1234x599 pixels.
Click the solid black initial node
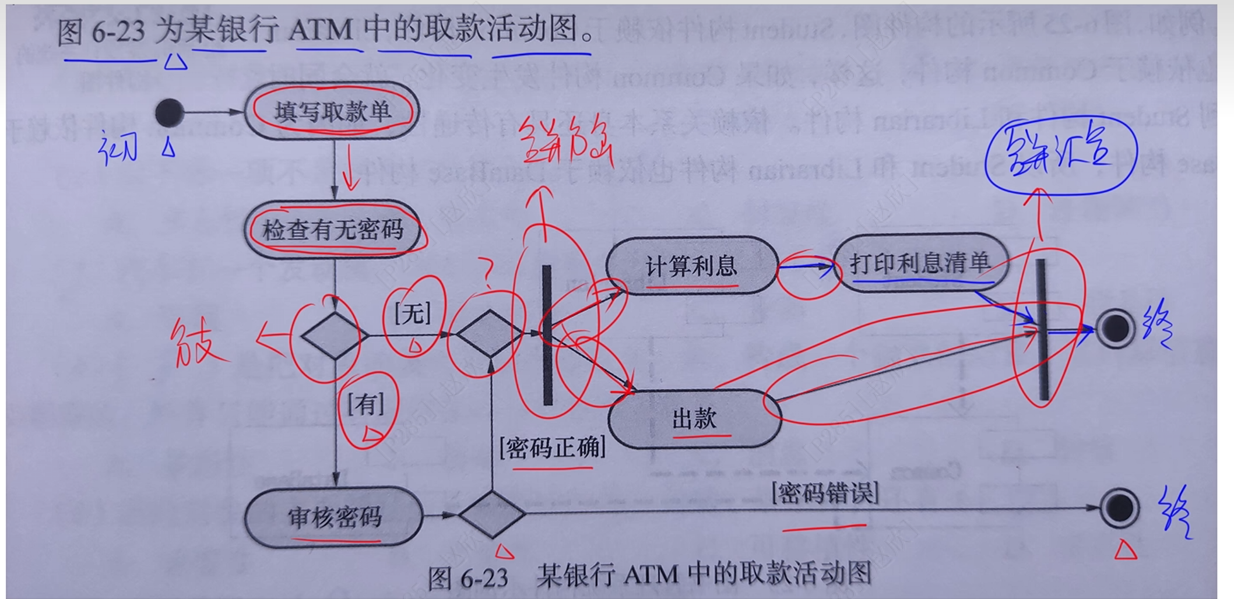tap(170, 112)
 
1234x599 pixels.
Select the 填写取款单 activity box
tap(332, 111)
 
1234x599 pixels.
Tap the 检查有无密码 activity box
tap(333, 230)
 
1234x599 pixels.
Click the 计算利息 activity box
tap(692, 266)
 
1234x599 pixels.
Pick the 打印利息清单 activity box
tap(920, 263)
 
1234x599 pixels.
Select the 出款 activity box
tap(694, 418)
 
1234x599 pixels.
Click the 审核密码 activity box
tap(334, 517)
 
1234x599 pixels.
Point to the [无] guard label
tap(413, 314)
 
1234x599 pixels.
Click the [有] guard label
tap(366, 404)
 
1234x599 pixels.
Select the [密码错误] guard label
tap(825, 493)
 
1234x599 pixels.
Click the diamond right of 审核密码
tap(491, 514)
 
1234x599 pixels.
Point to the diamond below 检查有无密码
tap(334, 335)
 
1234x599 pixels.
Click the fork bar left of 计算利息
tap(547, 334)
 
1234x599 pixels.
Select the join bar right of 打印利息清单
tap(1042, 329)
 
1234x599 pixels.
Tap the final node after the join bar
tap(1115, 329)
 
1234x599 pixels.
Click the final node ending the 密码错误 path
tap(1119, 508)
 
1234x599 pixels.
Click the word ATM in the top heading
tap(321, 29)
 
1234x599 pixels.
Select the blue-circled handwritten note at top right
tap(1061, 154)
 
